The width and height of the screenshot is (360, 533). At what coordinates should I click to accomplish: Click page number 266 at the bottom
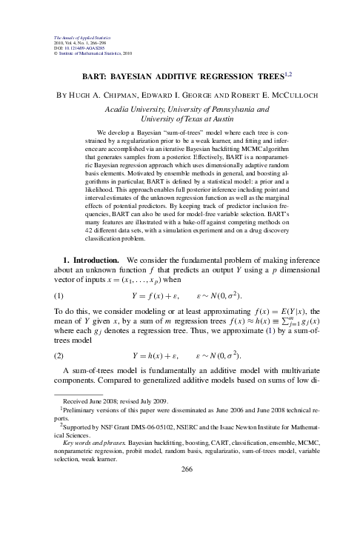[180, 510]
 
